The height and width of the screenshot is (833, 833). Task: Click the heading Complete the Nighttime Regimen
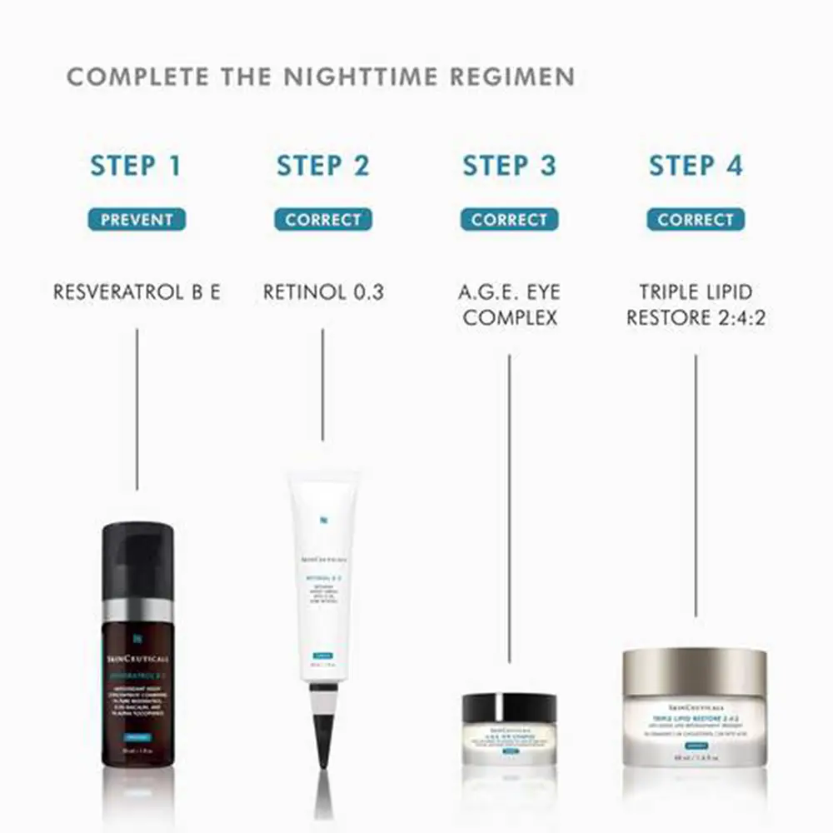(321, 77)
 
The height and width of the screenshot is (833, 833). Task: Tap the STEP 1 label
(137, 165)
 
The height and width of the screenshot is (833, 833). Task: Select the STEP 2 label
(323, 165)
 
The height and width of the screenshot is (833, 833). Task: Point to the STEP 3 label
(509, 165)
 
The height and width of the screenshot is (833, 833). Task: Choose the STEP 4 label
(696, 165)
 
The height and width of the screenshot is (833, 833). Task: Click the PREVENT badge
(137, 220)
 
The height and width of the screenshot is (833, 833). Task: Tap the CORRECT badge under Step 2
(323, 220)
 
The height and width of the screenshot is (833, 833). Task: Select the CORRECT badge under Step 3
(509, 220)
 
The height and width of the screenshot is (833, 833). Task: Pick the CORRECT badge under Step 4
(696, 220)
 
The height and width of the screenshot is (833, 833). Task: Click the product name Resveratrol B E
(137, 292)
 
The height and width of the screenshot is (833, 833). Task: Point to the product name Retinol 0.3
(323, 292)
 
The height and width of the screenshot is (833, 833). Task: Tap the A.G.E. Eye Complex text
(509, 305)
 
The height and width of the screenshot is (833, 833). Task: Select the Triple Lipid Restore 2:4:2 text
(696, 305)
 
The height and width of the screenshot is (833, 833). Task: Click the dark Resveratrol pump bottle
(137, 666)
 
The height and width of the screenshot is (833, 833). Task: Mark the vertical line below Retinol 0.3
(323, 383)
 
